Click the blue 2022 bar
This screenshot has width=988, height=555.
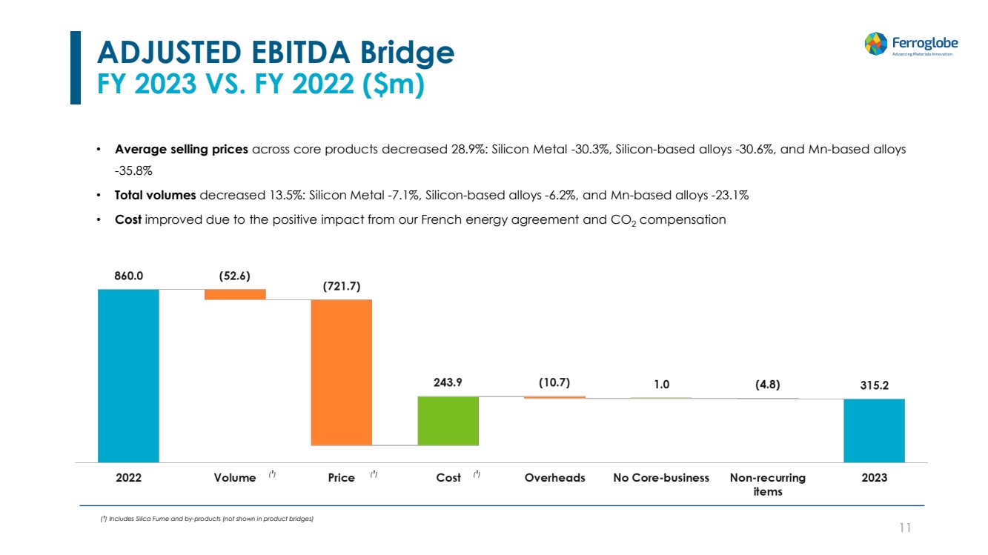[x=128, y=375]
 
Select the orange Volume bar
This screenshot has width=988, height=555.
[x=235, y=294]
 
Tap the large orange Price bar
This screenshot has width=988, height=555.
[x=341, y=372]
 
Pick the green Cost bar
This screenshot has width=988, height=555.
[x=448, y=421]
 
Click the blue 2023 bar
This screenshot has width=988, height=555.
[x=874, y=430]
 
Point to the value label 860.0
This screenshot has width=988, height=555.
[x=128, y=275]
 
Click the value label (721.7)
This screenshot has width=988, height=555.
[x=341, y=286]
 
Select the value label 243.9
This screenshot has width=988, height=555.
[x=448, y=383]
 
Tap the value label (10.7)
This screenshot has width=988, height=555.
[x=554, y=383]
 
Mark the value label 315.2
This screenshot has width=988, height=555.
[x=874, y=385]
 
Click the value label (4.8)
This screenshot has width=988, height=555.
[x=767, y=385]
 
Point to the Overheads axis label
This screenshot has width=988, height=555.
[x=554, y=478]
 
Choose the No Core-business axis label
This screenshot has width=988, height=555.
[x=661, y=478]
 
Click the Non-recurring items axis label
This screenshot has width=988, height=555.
[x=767, y=485]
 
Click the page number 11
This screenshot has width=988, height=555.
[x=904, y=528]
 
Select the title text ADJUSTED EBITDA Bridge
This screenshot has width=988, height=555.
[x=276, y=53]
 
